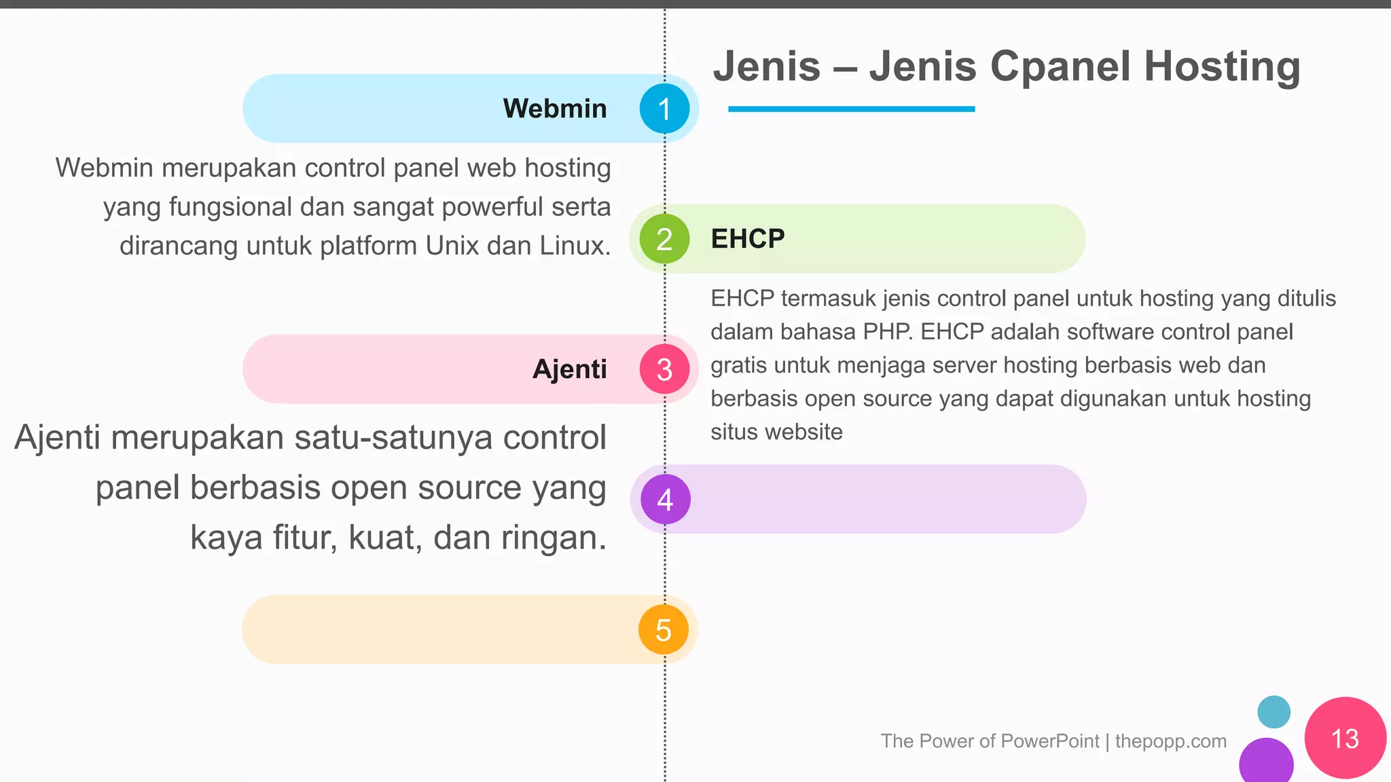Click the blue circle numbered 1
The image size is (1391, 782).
[664, 109]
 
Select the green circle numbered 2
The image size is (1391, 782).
[664, 239]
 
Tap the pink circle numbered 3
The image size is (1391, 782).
[664, 369]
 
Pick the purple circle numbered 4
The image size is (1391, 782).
[665, 500]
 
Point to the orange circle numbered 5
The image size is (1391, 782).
[664, 630]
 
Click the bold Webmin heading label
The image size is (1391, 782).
[555, 109]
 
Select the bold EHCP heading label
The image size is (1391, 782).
[747, 239]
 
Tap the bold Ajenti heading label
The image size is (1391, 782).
[570, 369]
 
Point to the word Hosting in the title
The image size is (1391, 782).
[1222, 67]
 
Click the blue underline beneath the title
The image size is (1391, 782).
[851, 109]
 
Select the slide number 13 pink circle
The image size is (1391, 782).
[1345, 738]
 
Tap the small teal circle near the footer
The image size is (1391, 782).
[1273, 711]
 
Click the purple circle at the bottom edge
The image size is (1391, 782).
[1266, 762]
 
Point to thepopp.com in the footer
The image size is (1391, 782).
[1170, 741]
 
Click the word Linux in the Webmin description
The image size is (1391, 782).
[575, 246]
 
